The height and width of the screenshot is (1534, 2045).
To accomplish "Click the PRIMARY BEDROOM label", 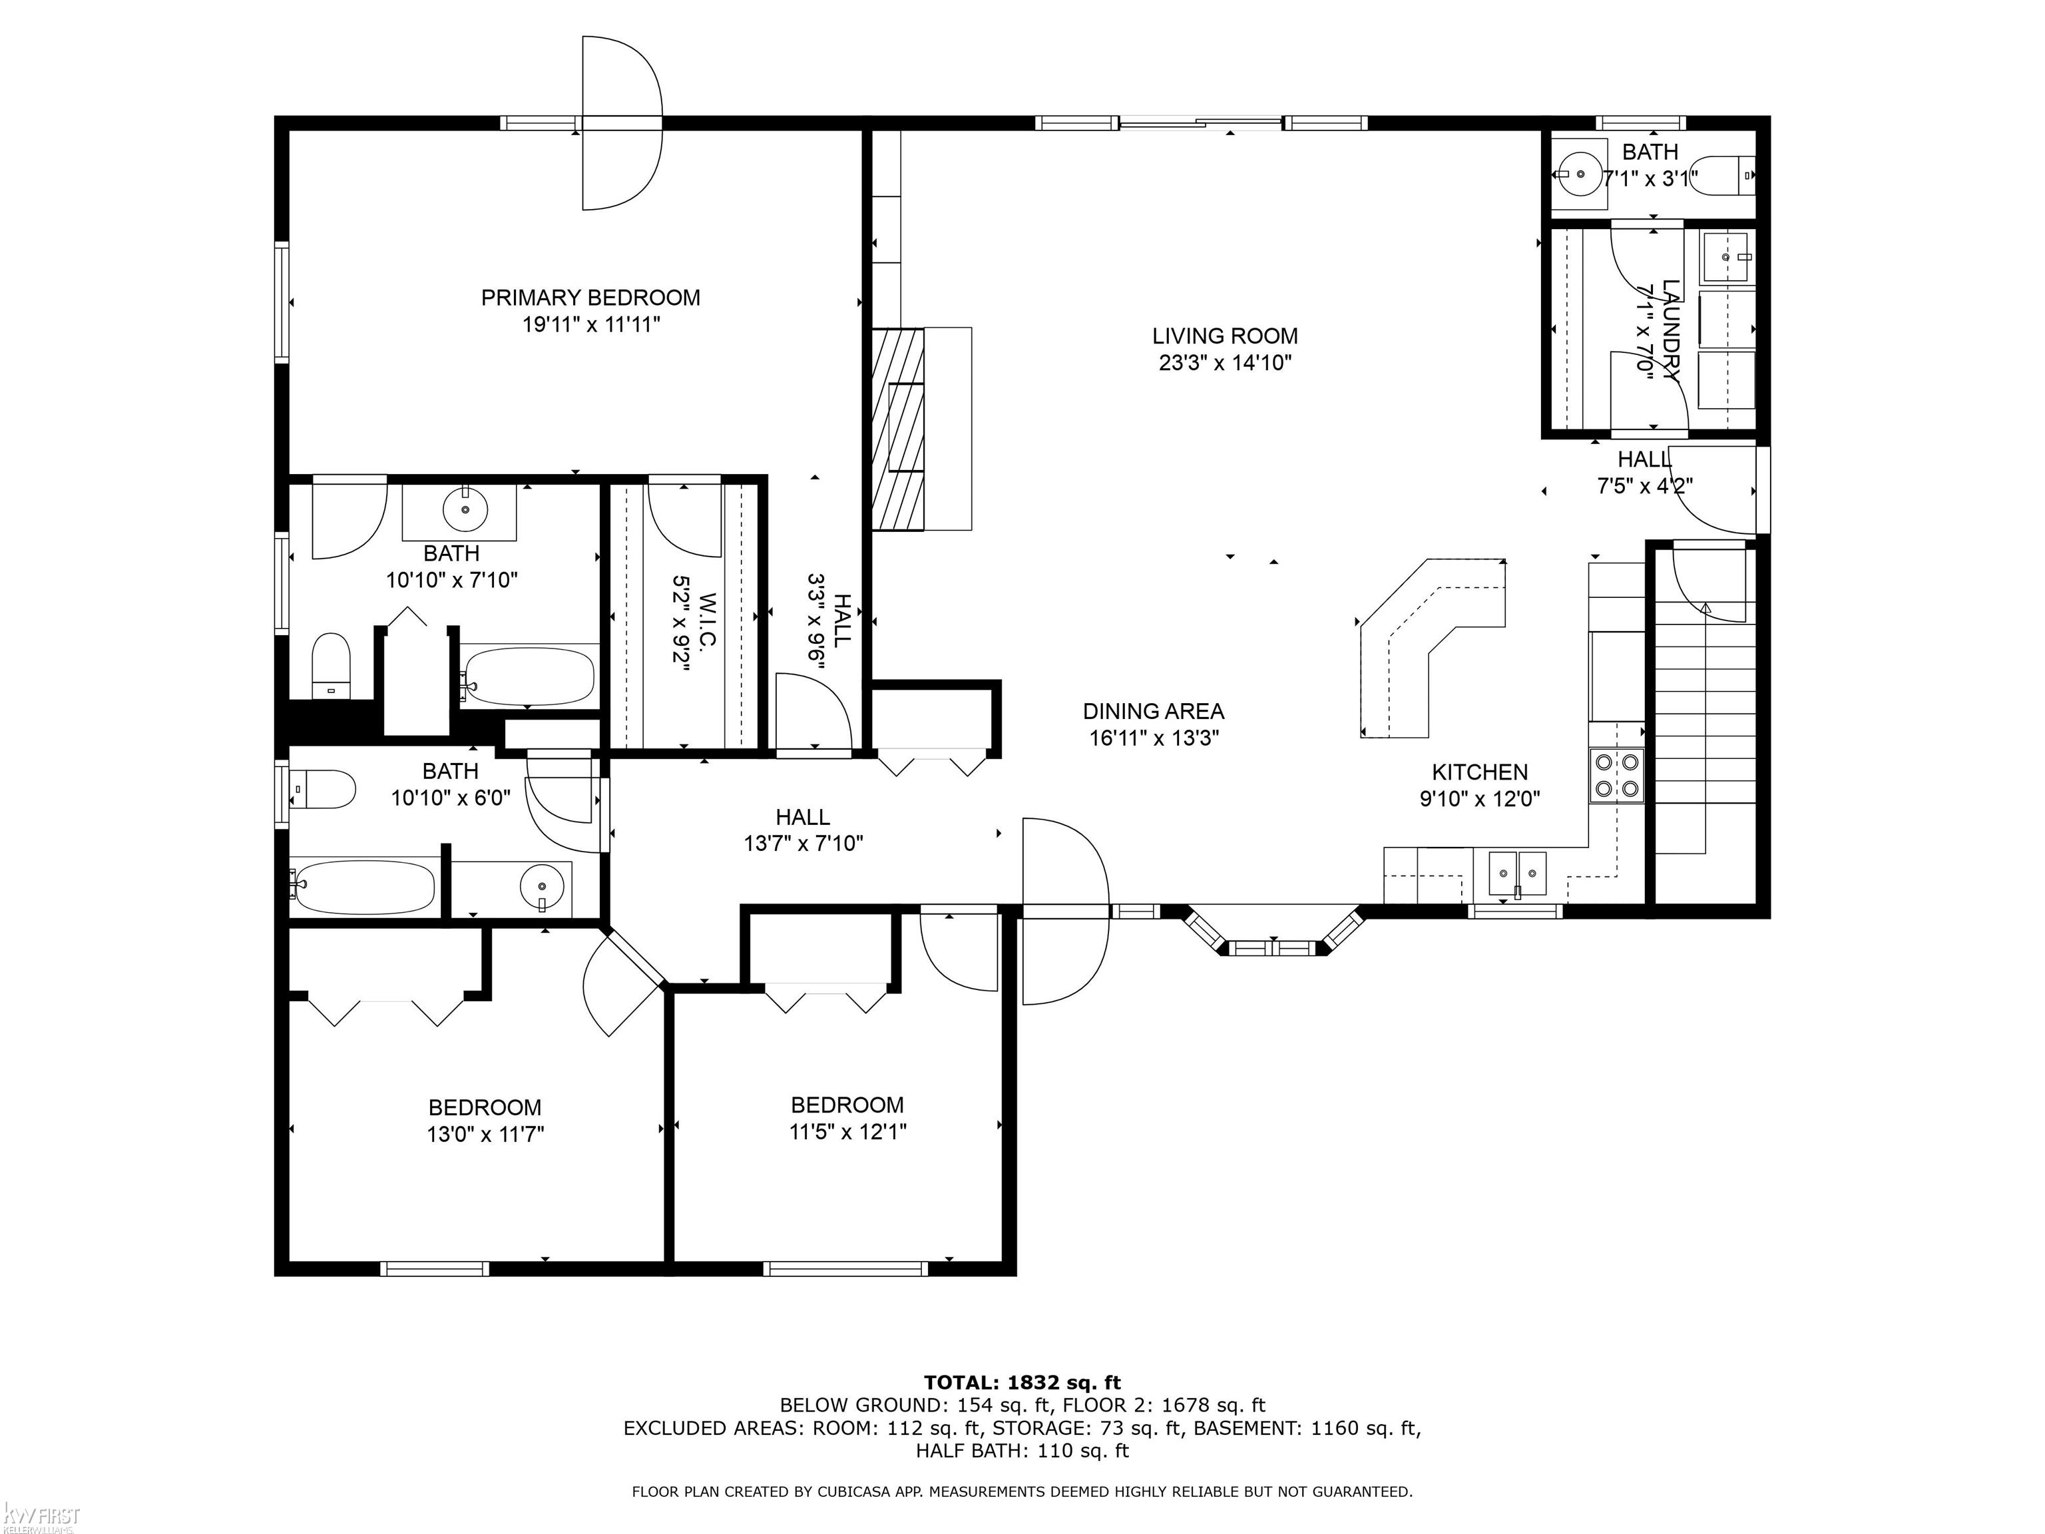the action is pos(590,298).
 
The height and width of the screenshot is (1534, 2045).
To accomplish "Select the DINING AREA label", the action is pos(1153,711).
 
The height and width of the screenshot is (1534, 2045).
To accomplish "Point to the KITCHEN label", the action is pos(1479,772).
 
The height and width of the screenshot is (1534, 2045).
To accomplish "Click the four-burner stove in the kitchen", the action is pos(1617,775).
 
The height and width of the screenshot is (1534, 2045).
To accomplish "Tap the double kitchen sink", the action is pos(1517,874).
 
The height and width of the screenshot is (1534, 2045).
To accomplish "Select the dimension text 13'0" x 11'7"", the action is pos(485,1135).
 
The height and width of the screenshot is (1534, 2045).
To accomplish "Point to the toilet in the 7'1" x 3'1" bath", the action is pos(1727,174).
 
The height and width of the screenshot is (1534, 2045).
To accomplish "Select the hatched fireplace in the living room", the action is pos(898,428).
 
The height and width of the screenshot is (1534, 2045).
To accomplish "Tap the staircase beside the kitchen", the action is pos(1705,723).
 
